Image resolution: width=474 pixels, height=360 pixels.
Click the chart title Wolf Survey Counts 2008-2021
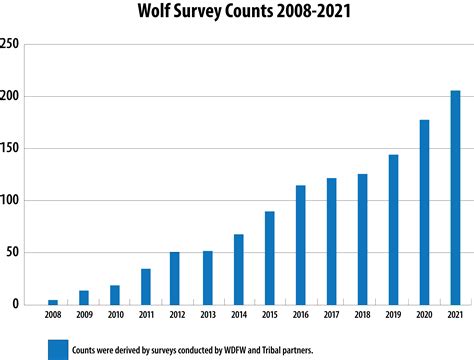[x=237, y=13]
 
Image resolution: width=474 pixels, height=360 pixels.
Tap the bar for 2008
[x=53, y=301]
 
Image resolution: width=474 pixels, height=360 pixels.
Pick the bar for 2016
[x=300, y=244]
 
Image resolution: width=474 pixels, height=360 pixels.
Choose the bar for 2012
[x=175, y=277]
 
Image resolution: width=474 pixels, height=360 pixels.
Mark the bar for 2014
[x=238, y=269]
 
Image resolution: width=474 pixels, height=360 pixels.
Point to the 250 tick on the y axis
[x=10, y=44]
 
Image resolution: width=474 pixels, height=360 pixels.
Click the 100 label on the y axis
[x=10, y=200]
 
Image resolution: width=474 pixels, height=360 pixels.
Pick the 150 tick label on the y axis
[x=10, y=148]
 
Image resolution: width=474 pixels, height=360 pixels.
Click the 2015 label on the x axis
[x=269, y=316]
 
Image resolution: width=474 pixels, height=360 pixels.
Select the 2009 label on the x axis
[x=84, y=316]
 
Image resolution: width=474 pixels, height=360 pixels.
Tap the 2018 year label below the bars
[x=362, y=316]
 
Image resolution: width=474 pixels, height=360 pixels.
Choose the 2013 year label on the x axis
[x=207, y=316]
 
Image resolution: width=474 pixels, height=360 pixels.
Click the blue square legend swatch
[x=58, y=348]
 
